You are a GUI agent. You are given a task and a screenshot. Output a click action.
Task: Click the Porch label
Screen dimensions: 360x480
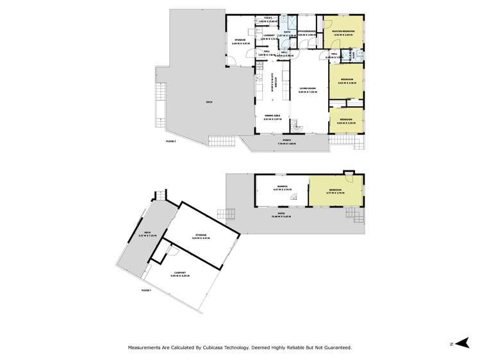(x=287, y=140)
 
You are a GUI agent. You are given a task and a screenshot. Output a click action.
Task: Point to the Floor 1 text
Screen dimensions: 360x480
(x=147, y=290)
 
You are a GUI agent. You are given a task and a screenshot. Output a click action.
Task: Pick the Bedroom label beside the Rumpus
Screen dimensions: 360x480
(x=335, y=190)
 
